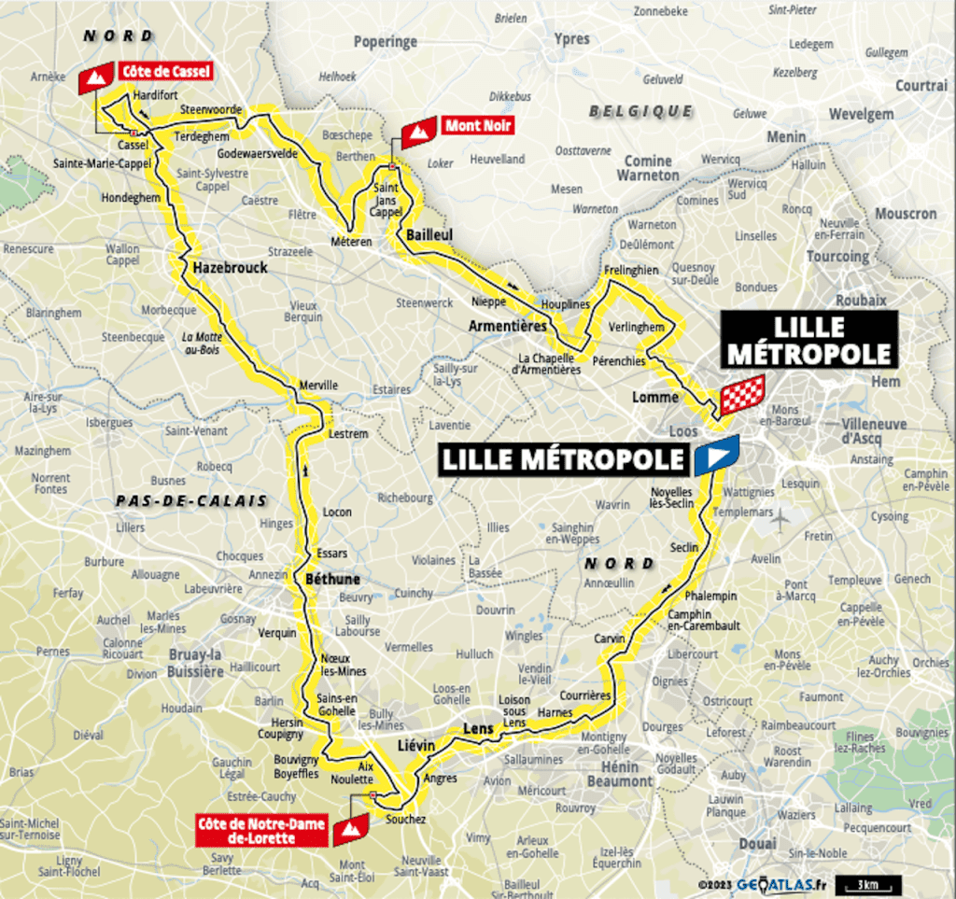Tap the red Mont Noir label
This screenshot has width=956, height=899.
[477, 126]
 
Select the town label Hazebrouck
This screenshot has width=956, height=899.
[231, 268]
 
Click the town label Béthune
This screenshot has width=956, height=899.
[332, 580]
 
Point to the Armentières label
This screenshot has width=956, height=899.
[508, 326]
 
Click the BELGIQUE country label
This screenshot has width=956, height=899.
[640, 111]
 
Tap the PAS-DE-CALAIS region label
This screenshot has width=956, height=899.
[191, 501]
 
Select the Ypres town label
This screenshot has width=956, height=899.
[572, 39]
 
